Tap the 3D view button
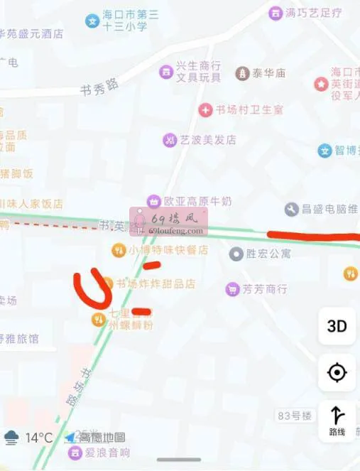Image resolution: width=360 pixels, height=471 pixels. [x=337, y=326]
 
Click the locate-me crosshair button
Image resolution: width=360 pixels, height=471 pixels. [x=337, y=372]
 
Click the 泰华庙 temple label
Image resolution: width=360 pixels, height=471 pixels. [x=270, y=73]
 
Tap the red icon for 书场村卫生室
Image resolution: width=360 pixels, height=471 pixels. [x=206, y=110]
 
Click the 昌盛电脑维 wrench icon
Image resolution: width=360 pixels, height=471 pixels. [x=292, y=209]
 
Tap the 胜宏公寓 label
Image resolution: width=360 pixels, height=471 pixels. [x=268, y=254]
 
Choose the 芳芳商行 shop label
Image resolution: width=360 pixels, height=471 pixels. [x=264, y=289]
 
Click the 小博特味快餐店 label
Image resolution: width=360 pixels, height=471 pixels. [x=168, y=250]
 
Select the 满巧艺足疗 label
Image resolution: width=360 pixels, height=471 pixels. [x=313, y=13]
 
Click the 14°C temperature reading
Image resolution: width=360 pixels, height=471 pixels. [x=40, y=438]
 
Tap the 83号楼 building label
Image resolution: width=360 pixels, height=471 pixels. [x=294, y=415]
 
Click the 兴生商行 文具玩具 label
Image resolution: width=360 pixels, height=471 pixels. [x=198, y=72]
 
